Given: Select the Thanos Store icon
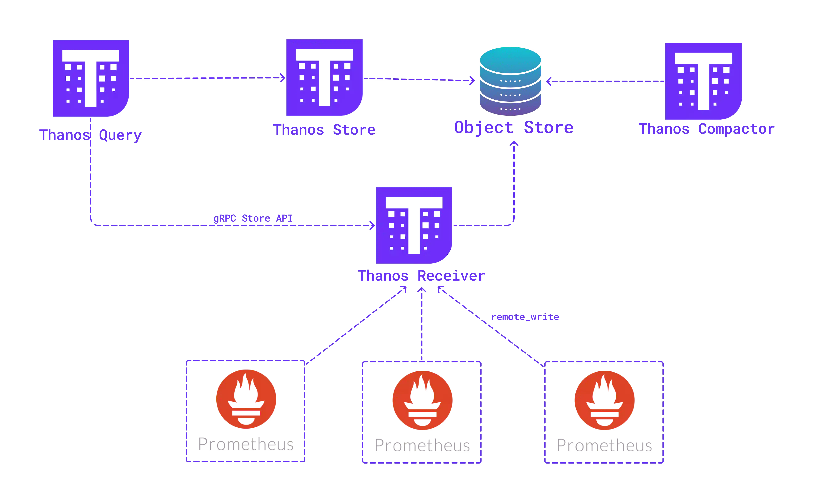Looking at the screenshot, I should click(x=324, y=77).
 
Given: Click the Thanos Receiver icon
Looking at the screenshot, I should click(x=414, y=225).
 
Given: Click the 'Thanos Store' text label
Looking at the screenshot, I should click(x=324, y=130).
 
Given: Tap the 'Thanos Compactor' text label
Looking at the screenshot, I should click(x=707, y=129).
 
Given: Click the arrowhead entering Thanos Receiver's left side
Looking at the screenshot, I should click(x=372, y=225).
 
